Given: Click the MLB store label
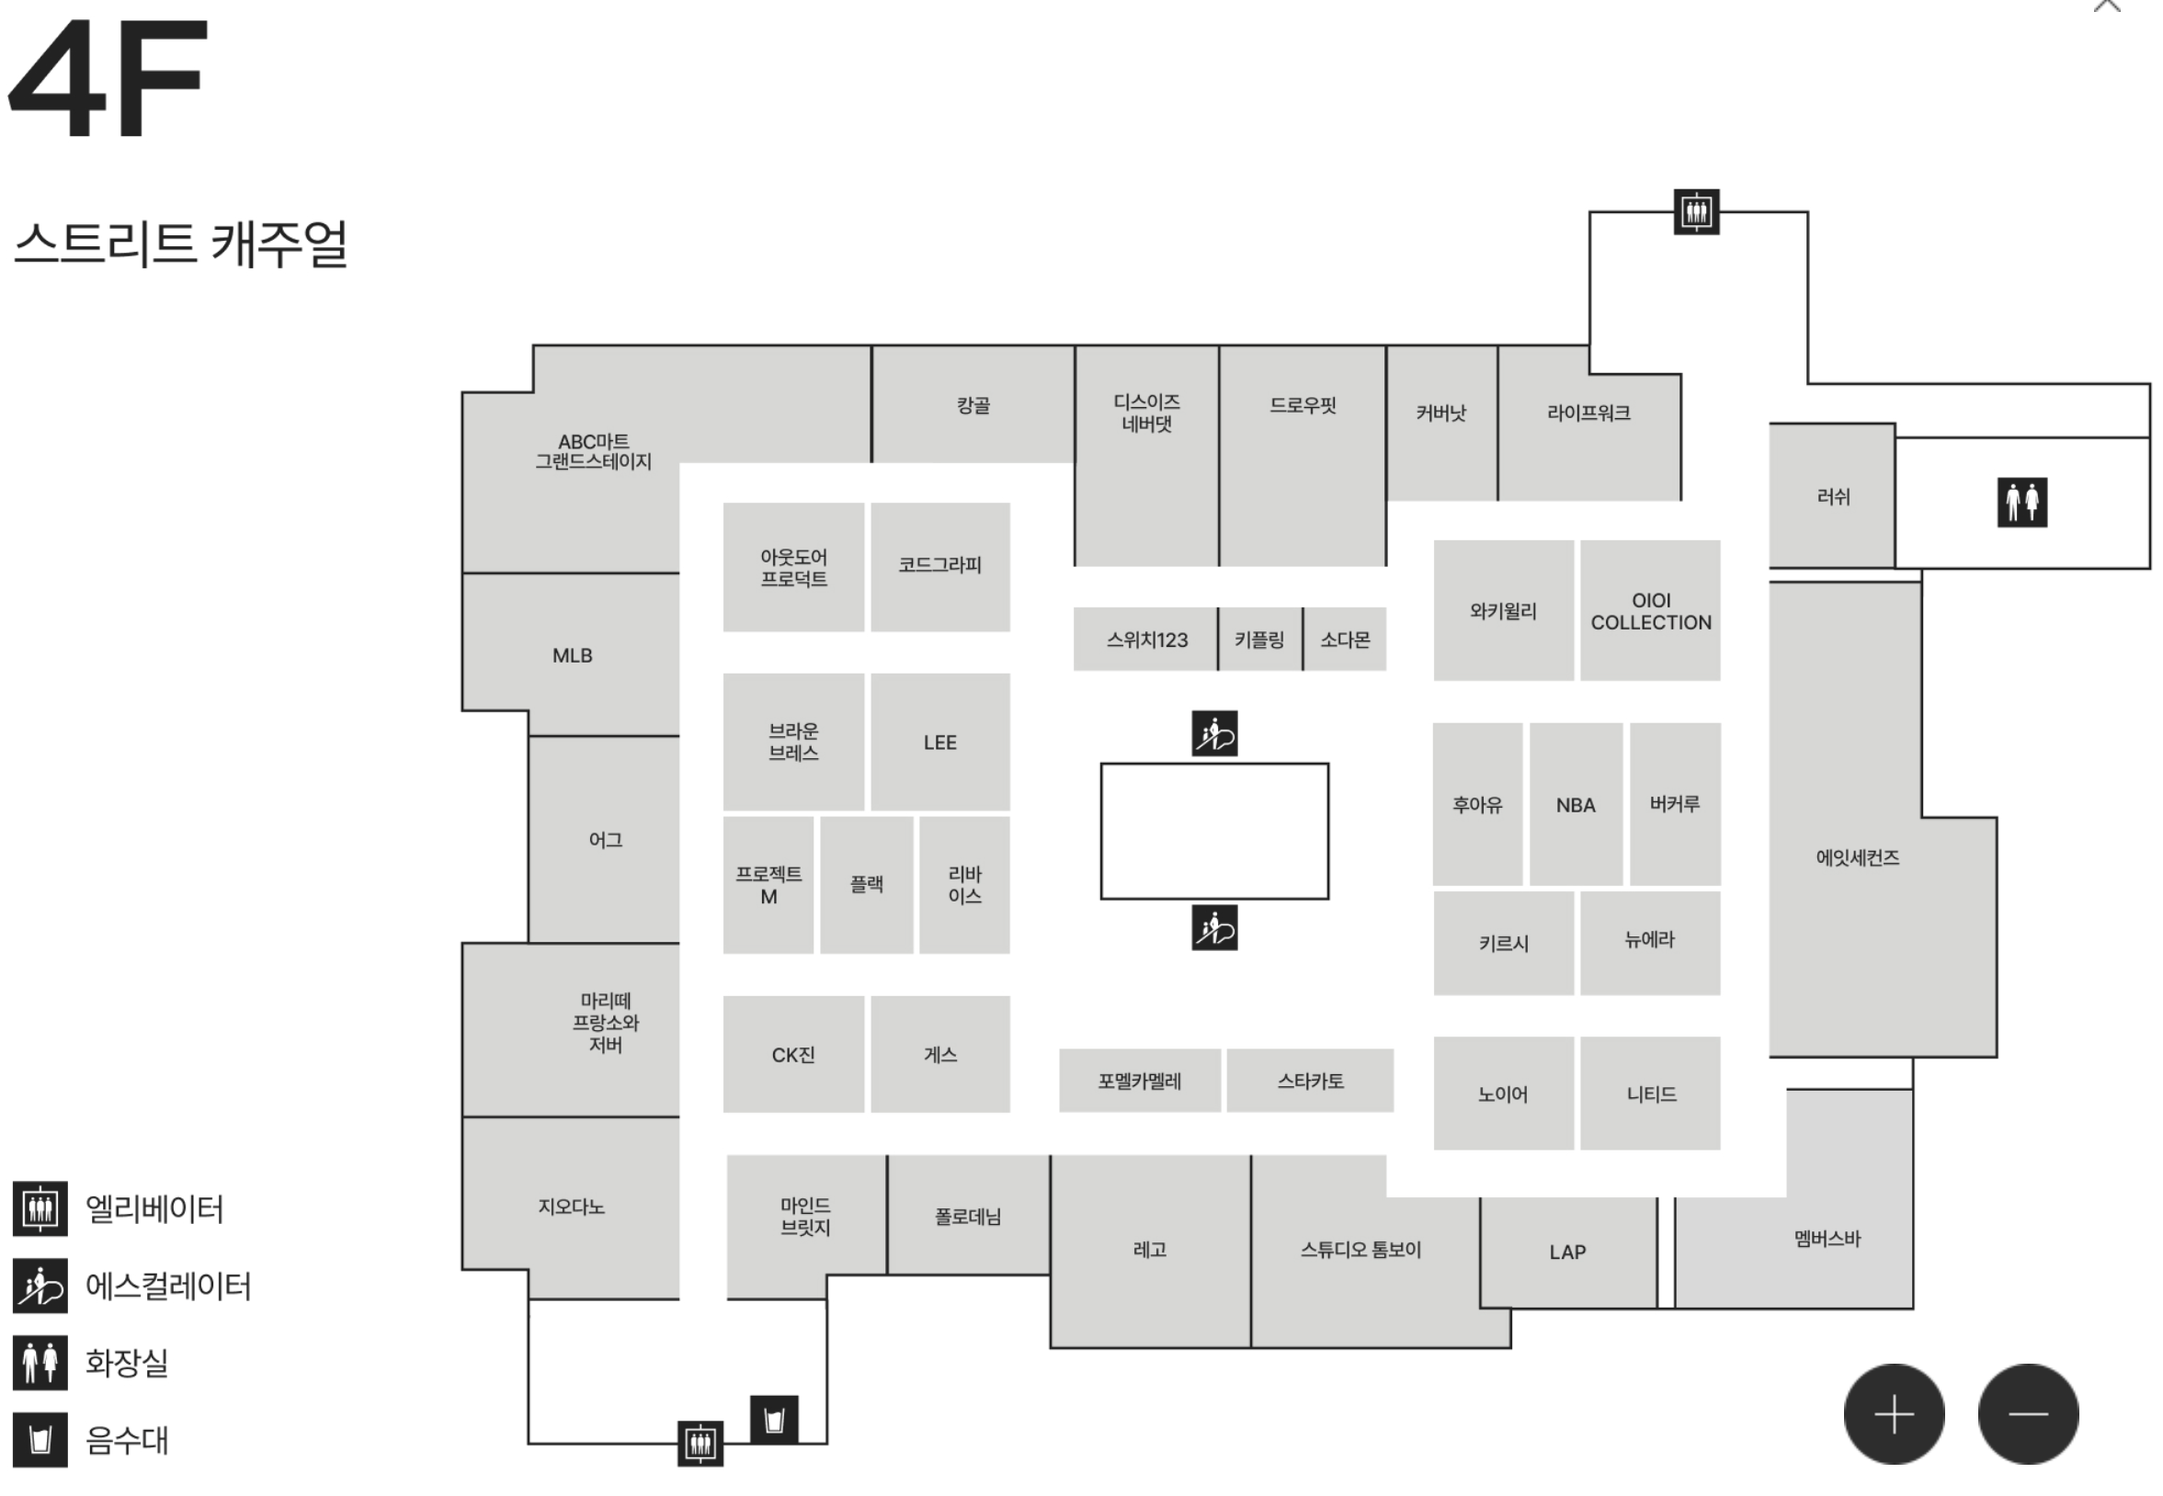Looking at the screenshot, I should (x=572, y=655).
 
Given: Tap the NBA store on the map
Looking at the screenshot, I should (x=1575, y=804).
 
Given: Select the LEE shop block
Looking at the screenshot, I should (x=939, y=742).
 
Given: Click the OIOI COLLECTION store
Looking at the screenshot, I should (x=1650, y=611).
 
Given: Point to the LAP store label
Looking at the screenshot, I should (x=1566, y=1252).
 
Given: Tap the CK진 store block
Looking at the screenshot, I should (x=793, y=1055).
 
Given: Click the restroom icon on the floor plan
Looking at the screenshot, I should (x=2021, y=503).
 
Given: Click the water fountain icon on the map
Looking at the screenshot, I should (x=773, y=1420).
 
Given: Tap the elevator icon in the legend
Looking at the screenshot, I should (x=40, y=1208).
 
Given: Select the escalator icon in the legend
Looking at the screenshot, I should (x=40, y=1285).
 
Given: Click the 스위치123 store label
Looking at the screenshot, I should (x=1145, y=640).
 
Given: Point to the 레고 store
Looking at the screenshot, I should (x=1149, y=1250).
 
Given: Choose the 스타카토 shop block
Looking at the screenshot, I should (x=1310, y=1081).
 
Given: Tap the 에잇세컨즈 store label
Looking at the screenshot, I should (x=1856, y=856).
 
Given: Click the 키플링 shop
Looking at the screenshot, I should (x=1259, y=640).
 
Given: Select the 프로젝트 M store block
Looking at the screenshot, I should (x=768, y=885).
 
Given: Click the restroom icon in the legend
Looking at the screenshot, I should (x=40, y=1362).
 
